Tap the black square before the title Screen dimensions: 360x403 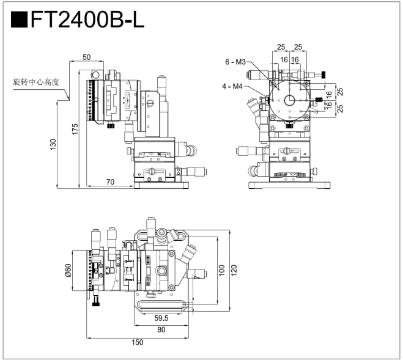click(19, 21)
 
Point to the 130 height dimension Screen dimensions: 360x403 click(54, 144)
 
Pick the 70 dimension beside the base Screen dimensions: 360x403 click(111, 181)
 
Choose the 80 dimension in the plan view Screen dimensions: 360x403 click(161, 330)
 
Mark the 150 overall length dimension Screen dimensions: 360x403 click(138, 342)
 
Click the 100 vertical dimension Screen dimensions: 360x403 click(221, 268)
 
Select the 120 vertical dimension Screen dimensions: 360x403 click(234, 268)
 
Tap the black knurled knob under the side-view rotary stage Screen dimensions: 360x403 click(109, 127)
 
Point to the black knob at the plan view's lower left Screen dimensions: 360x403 click(95, 302)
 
